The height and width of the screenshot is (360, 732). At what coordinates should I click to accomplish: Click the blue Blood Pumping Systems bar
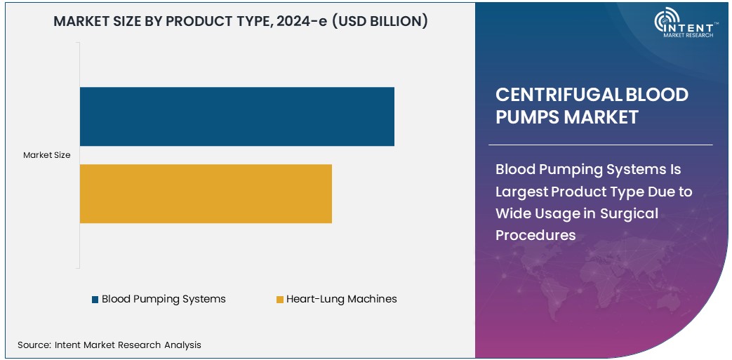coord(237,116)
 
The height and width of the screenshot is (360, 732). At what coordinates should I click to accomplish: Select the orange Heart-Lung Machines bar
coord(206,194)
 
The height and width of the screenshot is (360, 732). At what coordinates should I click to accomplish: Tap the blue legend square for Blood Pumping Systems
coord(95,300)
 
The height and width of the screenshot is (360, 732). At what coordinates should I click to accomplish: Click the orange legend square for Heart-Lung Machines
coord(279,300)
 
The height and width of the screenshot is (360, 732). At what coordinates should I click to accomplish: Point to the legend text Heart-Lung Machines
coord(341,299)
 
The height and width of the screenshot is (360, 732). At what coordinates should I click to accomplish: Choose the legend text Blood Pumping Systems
coord(164,299)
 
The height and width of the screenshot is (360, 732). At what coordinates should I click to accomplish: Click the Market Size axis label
coord(46,155)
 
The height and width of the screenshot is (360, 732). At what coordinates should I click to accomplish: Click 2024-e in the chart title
coord(296,22)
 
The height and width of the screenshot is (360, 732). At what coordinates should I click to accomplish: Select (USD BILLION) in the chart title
coord(379,22)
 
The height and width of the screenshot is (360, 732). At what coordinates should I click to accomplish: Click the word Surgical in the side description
coord(630,213)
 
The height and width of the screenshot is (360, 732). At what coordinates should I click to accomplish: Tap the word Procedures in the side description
coord(535,235)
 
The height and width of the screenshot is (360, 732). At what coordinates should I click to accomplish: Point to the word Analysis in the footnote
coord(182,345)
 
